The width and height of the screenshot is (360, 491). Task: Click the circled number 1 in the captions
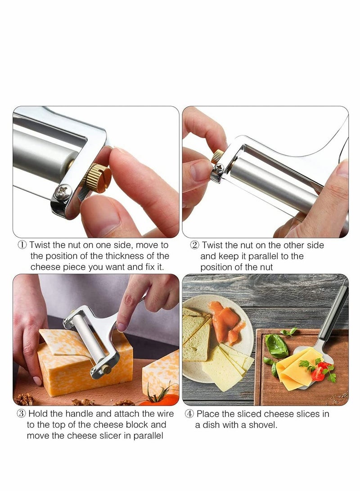coord(22,245)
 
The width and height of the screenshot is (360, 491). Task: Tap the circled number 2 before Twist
coord(195,245)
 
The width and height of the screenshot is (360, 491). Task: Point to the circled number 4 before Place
coord(189,414)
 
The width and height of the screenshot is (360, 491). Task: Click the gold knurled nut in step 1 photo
coord(99,178)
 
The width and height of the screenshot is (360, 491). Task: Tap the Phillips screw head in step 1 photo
coord(63,192)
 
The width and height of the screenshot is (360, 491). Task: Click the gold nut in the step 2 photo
coord(218,157)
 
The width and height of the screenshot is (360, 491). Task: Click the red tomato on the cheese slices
coord(318,373)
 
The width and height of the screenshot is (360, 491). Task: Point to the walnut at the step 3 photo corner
coord(25,398)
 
